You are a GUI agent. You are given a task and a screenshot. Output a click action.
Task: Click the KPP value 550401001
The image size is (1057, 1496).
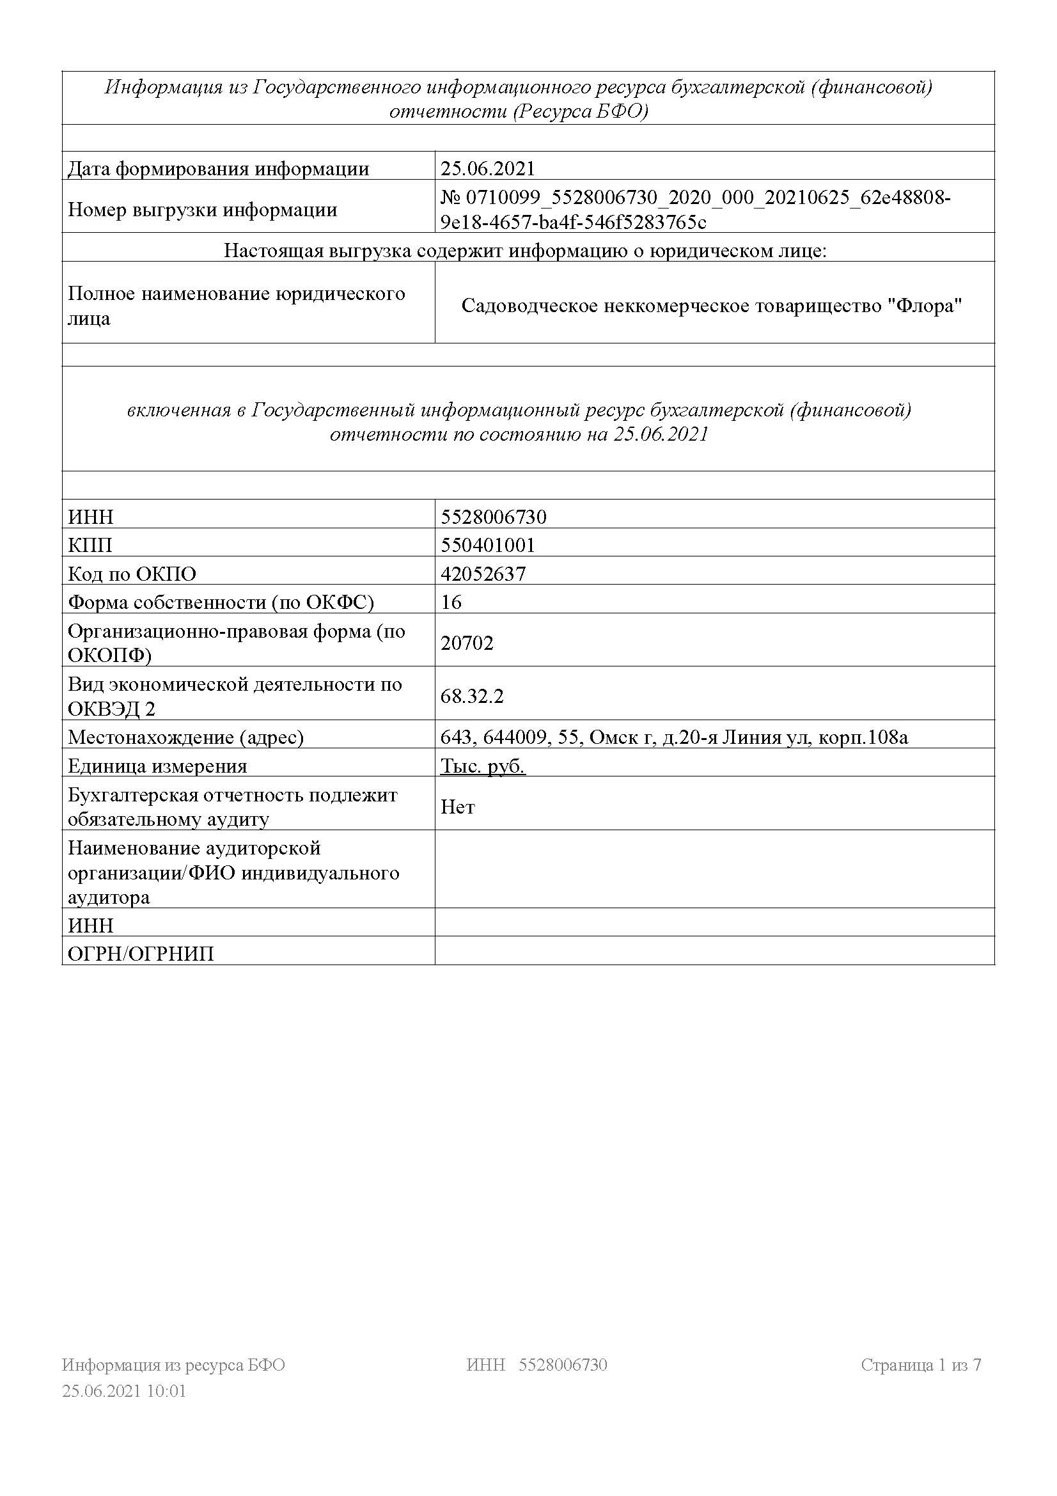[x=487, y=545]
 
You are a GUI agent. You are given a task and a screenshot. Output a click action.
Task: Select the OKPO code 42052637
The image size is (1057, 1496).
[x=483, y=573]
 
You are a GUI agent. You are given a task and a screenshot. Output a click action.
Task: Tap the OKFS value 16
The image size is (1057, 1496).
[x=451, y=601]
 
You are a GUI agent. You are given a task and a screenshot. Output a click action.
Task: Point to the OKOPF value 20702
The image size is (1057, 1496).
[x=467, y=643]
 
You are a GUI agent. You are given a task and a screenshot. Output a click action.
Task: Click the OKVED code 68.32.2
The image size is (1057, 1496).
[x=472, y=696]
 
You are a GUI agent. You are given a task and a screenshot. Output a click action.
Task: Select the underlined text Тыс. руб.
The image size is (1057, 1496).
[x=483, y=766]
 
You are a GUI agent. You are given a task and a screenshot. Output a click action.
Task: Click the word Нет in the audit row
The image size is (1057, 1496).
[x=458, y=807]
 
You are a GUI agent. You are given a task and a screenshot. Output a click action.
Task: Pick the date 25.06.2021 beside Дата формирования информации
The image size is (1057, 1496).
[x=487, y=169]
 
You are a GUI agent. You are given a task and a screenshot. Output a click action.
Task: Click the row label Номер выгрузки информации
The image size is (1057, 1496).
[x=203, y=210]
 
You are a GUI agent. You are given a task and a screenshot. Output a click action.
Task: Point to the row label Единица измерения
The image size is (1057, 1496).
[x=157, y=766]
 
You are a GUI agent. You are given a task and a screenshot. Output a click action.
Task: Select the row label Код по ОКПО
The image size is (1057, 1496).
[x=132, y=573]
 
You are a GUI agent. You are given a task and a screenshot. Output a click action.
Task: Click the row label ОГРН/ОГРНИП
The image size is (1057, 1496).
[x=141, y=954]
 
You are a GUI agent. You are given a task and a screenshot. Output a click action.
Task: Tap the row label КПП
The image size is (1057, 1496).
[x=90, y=545]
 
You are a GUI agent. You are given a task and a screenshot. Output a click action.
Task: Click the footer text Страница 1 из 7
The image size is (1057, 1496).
[x=920, y=1364]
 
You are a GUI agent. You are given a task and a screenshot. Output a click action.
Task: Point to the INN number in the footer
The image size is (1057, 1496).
[x=563, y=1364]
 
